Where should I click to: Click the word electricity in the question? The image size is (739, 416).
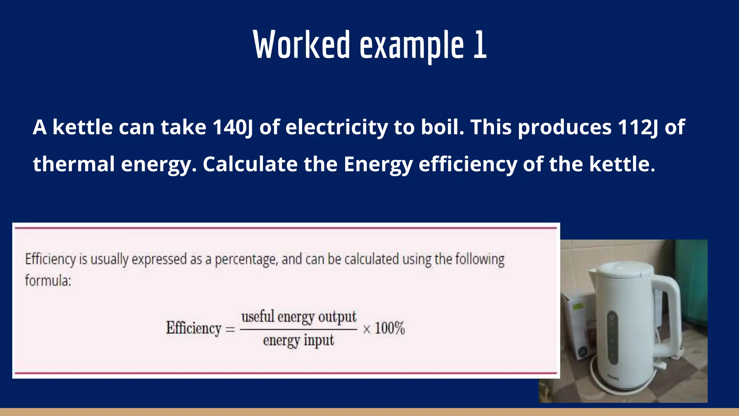(x=336, y=127)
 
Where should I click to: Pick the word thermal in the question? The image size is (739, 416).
(x=74, y=164)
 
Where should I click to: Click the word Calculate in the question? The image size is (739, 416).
(x=250, y=164)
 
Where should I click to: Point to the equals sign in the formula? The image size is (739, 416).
(x=230, y=329)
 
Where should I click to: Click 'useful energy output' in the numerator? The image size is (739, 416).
(x=298, y=317)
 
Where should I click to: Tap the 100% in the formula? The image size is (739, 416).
(x=389, y=329)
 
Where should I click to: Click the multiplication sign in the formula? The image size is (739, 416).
(x=367, y=329)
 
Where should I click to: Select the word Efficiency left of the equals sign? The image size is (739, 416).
(x=193, y=329)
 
